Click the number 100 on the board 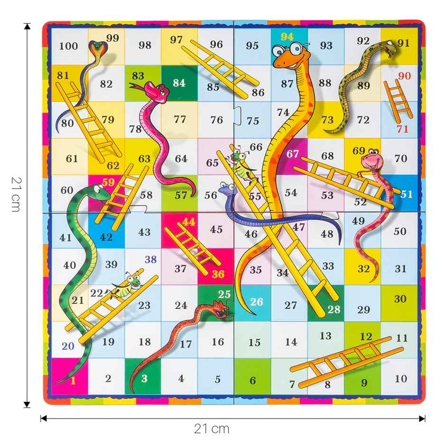pos(69,46)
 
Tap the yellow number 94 pos(287,37)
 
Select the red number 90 pos(404,76)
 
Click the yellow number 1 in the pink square pos(73,379)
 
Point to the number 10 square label pos(401,378)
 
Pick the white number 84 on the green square pos(179,83)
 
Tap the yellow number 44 pos(189,222)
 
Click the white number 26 pos(256,302)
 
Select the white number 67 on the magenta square pos(293,154)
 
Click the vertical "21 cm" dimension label pos(16,195)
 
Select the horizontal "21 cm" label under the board pos(212,429)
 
